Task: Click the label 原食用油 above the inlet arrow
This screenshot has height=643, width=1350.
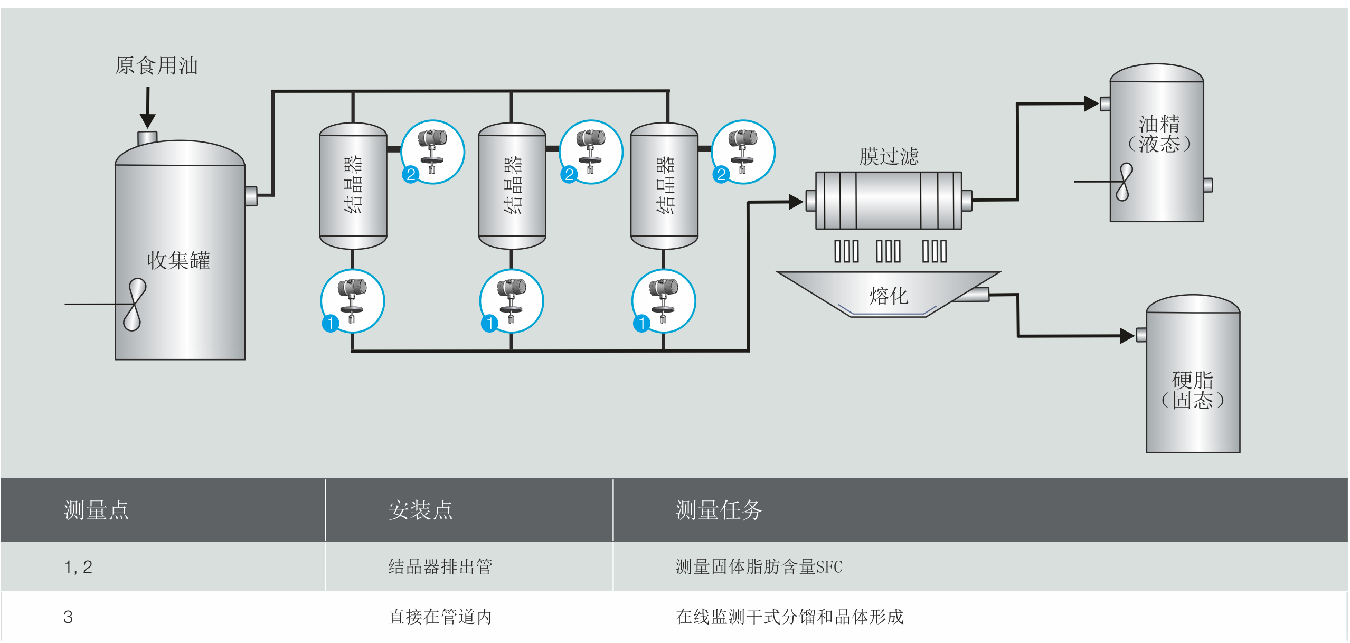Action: (156, 66)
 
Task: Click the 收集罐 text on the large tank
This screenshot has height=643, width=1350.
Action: (178, 260)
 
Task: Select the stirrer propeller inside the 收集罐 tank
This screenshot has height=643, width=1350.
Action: (134, 305)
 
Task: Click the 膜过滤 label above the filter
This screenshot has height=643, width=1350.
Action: (889, 157)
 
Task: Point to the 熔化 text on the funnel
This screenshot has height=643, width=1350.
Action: (889, 296)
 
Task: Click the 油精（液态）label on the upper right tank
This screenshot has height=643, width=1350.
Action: (1159, 134)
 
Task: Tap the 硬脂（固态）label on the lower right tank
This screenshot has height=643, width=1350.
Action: (1192, 390)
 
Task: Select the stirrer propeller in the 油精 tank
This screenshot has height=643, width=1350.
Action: (1124, 182)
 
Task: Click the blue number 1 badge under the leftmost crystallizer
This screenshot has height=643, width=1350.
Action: (331, 323)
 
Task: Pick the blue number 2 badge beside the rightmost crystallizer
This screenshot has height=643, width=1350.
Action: (721, 174)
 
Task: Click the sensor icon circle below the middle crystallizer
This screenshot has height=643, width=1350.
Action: (512, 301)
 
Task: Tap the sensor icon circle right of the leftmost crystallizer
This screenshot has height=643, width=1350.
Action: (433, 152)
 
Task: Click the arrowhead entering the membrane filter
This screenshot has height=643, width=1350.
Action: (796, 202)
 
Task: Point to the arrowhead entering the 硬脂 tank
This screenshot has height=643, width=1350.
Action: (1127, 336)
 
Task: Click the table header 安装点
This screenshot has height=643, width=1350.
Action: (420, 510)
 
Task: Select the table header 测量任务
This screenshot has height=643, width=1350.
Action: (719, 510)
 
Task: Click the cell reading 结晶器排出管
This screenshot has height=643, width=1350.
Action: (440, 567)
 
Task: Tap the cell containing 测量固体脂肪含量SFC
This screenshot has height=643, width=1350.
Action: (758, 567)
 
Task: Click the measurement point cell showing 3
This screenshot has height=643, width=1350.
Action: (68, 617)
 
